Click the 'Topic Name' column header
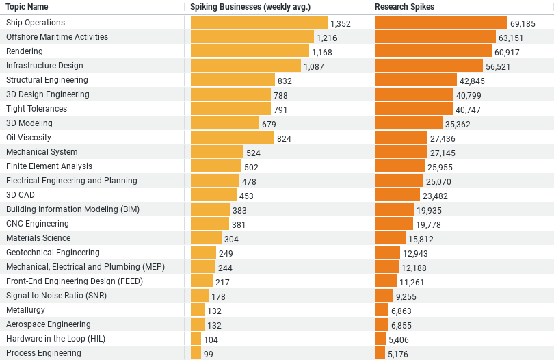27,7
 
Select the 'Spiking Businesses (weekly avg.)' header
250,7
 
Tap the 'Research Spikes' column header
404,7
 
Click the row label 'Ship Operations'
36,23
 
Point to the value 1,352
340,23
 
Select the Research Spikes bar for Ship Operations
441,23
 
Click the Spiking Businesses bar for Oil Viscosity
232,138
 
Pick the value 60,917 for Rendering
507,52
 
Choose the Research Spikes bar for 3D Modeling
408,123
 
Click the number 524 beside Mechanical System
253,153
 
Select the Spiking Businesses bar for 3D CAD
213,195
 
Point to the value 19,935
429,210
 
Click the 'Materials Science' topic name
38,238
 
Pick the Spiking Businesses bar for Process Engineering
196,353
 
